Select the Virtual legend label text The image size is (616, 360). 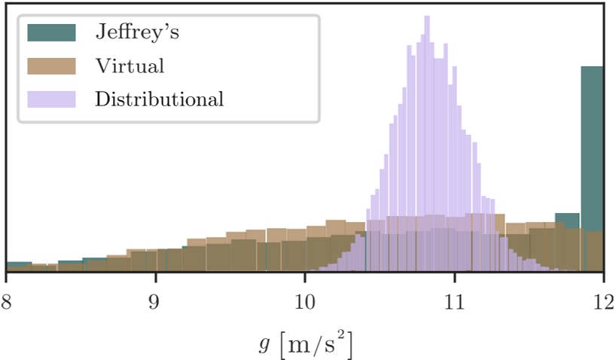click(130, 66)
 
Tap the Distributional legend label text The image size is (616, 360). click(160, 99)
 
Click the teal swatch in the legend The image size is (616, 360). click(51, 32)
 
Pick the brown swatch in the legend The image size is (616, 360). click(51, 66)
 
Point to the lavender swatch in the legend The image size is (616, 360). click(51, 99)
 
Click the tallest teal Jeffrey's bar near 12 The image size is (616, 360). click(592, 166)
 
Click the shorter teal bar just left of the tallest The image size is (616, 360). click(567, 220)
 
